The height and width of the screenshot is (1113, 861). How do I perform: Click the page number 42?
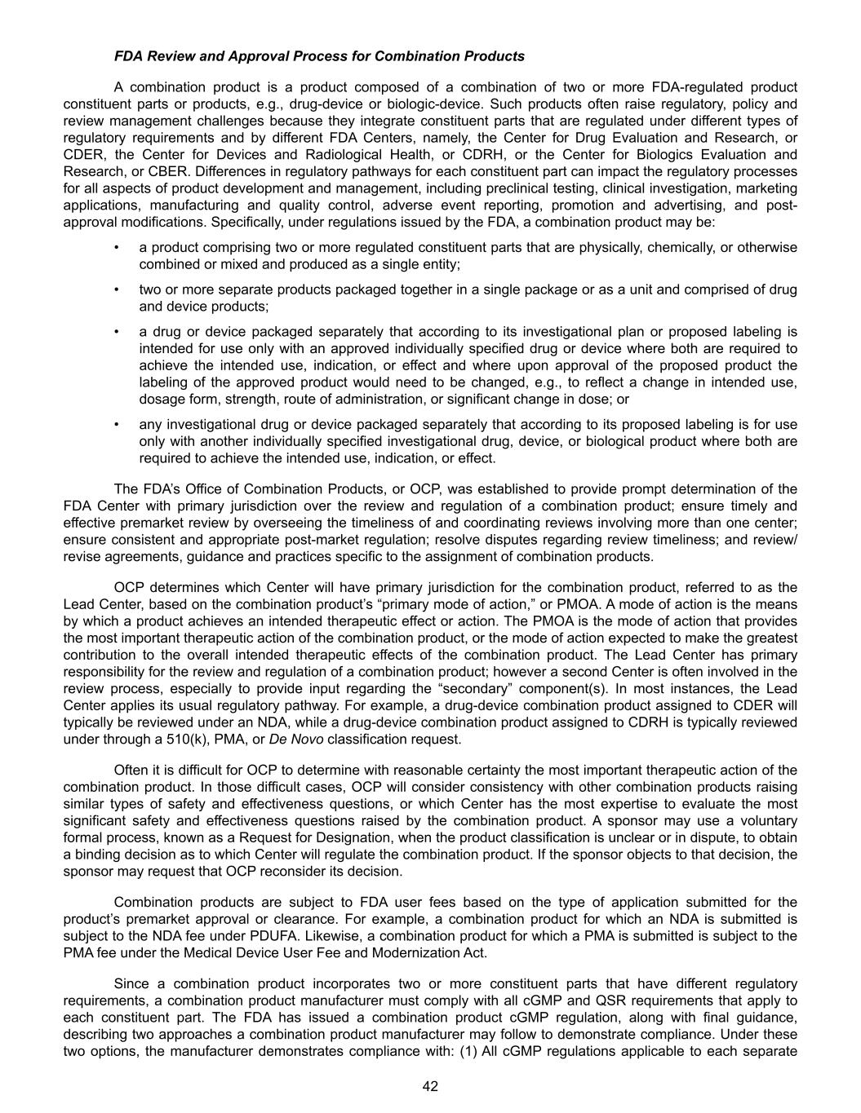pos(431,1085)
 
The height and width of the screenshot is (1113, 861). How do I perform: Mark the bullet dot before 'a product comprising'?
pos(118,247)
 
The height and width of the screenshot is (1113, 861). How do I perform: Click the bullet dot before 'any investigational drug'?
pos(118,424)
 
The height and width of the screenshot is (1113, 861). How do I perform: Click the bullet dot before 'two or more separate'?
pos(118,289)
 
